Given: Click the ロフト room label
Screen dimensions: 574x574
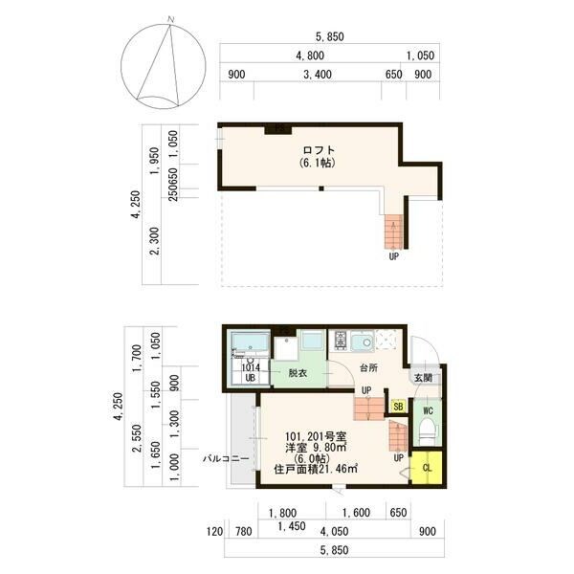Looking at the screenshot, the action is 319,150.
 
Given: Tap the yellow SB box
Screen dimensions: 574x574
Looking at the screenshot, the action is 398,406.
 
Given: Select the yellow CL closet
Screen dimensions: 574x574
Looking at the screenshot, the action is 427,468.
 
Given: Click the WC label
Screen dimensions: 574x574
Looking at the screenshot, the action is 428,410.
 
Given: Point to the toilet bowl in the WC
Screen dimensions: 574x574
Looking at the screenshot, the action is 428,432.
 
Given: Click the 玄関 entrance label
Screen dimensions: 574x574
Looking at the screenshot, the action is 423,378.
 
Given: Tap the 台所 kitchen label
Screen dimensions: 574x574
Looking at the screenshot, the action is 368,367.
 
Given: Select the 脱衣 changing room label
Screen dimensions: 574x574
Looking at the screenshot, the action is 298,373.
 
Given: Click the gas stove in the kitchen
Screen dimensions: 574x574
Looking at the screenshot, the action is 340,340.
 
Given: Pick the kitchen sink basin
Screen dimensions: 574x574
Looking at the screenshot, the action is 363,342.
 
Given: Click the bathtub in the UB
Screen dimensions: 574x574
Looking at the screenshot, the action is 251,342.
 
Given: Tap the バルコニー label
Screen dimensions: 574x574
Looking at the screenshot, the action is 226,458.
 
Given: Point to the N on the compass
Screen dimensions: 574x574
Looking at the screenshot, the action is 170,19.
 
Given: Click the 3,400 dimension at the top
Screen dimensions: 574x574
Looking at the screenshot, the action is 318,75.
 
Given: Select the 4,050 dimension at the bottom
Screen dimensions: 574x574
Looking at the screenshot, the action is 334,531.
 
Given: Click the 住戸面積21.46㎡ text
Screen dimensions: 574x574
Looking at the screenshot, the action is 316,469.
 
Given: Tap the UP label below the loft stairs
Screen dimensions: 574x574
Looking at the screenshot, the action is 394,256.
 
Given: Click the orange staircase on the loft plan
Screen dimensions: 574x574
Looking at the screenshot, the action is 393,232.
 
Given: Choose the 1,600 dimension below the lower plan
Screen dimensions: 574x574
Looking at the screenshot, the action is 356,513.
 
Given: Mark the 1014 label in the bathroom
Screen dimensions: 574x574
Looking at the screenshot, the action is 251,367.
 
